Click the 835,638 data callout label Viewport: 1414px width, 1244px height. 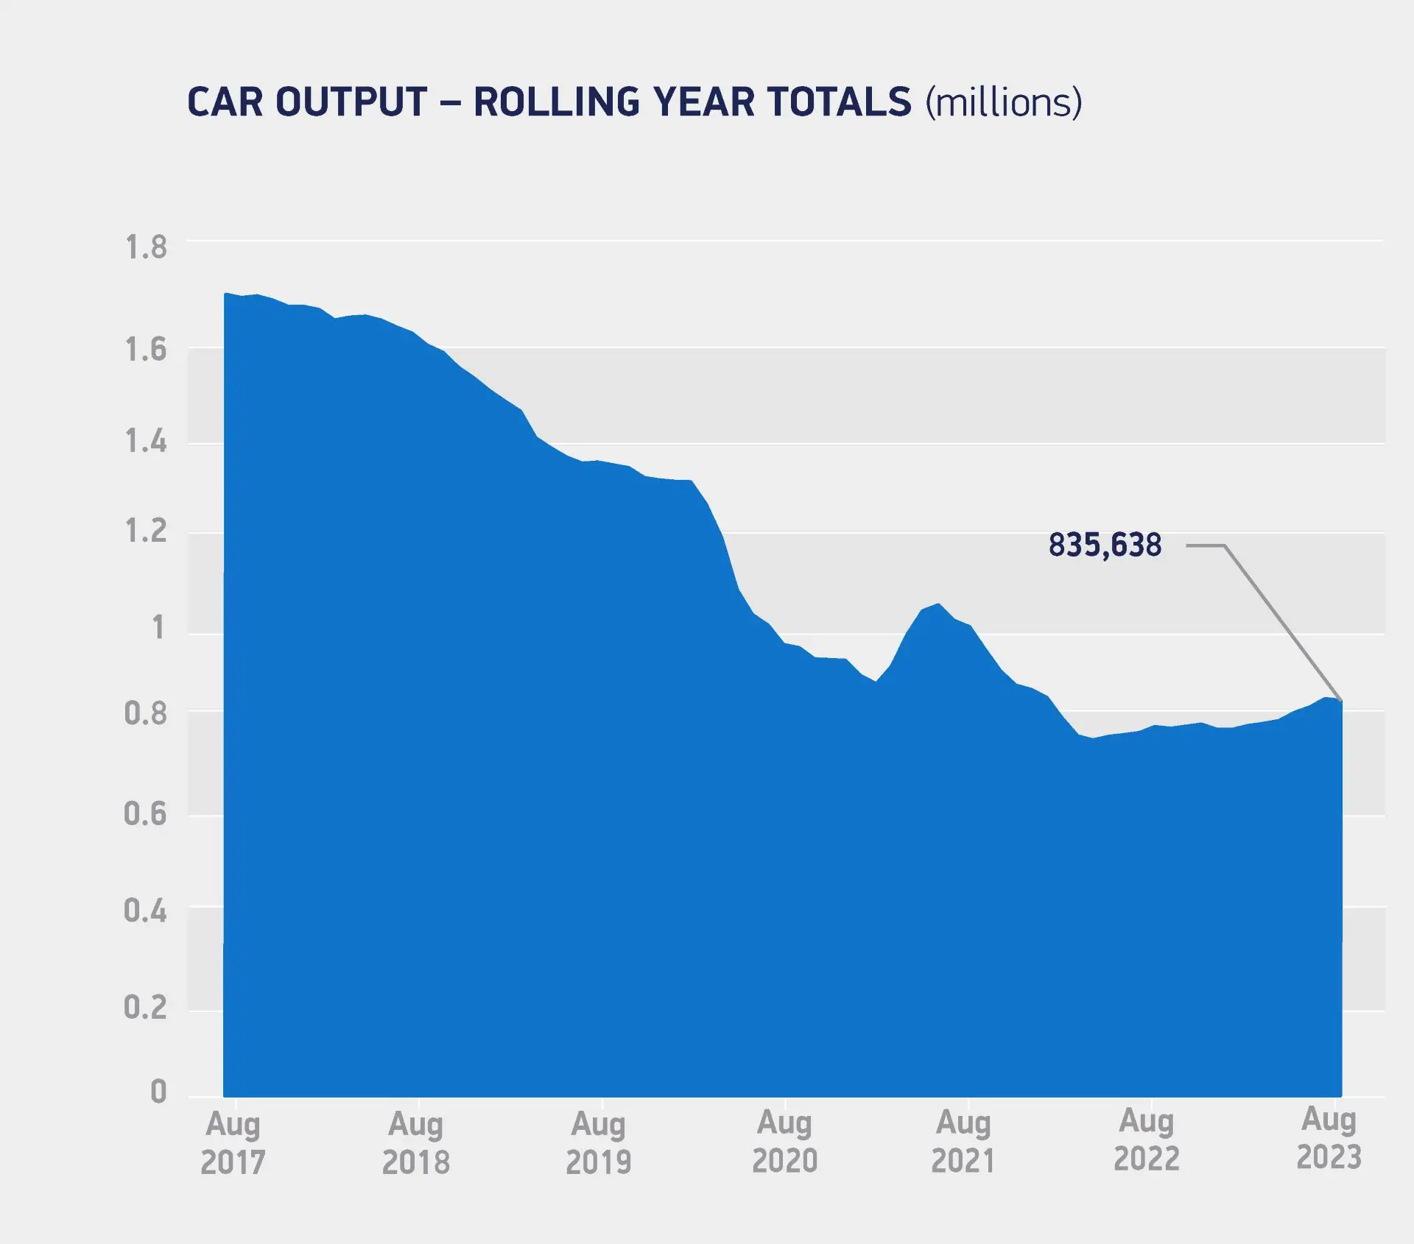pyautogui.click(x=1105, y=545)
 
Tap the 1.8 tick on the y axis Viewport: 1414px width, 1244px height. pyautogui.click(x=146, y=247)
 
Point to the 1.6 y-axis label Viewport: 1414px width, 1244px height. pyautogui.click(x=146, y=349)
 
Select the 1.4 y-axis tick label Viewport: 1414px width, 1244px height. pyautogui.click(x=146, y=442)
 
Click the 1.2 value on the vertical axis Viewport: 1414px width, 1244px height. pyautogui.click(x=146, y=531)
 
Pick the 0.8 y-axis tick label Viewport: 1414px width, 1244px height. pyautogui.click(x=146, y=713)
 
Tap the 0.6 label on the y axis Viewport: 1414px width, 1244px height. pyautogui.click(x=146, y=813)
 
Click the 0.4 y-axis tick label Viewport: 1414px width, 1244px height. pyautogui.click(x=146, y=911)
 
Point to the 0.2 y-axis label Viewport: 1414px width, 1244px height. pyautogui.click(x=146, y=1007)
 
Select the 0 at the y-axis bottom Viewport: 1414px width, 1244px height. pyautogui.click(x=158, y=1091)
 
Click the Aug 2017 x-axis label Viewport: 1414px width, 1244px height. pyautogui.click(x=233, y=1143)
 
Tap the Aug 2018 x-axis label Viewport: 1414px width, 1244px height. pyautogui.click(x=416, y=1143)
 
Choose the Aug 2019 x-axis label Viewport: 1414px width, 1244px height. pyautogui.click(x=599, y=1143)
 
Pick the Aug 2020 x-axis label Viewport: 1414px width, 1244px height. pyautogui.click(x=785, y=1142)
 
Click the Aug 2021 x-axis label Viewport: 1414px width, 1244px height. pyautogui.click(x=963, y=1142)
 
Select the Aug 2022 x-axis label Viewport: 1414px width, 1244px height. pyautogui.click(x=1147, y=1140)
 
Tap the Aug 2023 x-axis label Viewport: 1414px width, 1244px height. pyautogui.click(x=1329, y=1139)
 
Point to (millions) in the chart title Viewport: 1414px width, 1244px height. pyautogui.click(x=1004, y=102)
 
